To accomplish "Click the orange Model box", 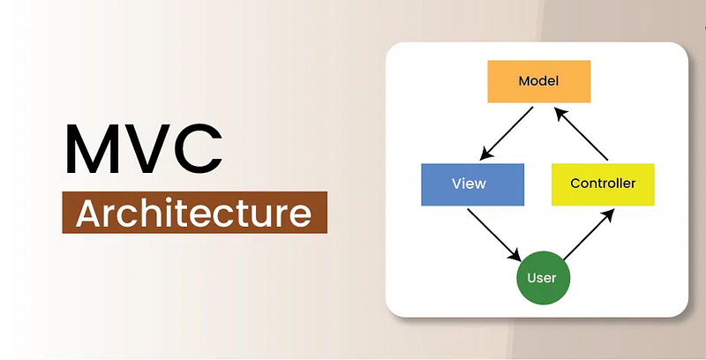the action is click(x=539, y=81).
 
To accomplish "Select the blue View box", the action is click(x=473, y=184).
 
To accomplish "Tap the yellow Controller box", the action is click(x=603, y=184).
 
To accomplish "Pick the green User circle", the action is click(x=543, y=278).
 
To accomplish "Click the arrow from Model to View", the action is click(x=507, y=133).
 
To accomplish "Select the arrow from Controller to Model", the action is click(x=582, y=133).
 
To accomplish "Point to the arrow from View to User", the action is click(x=495, y=235).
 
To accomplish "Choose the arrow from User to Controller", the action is click(x=589, y=234).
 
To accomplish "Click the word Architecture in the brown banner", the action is click(x=193, y=213).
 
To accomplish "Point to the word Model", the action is click(x=538, y=81).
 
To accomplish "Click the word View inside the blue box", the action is click(x=469, y=184).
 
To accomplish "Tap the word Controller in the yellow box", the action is click(x=603, y=184).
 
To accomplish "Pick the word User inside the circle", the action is click(x=542, y=278).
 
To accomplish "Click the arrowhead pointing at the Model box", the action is click(x=561, y=114).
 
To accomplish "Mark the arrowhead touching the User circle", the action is click(x=515, y=254).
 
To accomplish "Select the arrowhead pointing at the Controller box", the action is click(x=608, y=214).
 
